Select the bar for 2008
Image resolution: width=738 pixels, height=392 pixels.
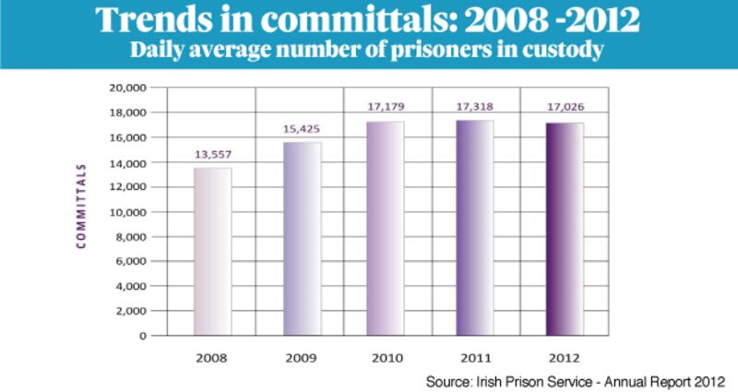tap(211, 251)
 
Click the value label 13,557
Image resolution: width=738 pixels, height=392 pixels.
tap(211, 154)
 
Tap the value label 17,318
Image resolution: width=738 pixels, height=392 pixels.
tap(474, 107)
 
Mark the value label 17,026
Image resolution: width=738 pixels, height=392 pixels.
tap(563, 107)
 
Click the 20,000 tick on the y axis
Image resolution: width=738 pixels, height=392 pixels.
tap(127, 88)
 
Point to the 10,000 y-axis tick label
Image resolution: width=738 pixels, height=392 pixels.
tap(127, 211)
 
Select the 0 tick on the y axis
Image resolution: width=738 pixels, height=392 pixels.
tap(143, 336)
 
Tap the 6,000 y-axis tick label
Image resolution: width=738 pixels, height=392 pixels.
tap(130, 261)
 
